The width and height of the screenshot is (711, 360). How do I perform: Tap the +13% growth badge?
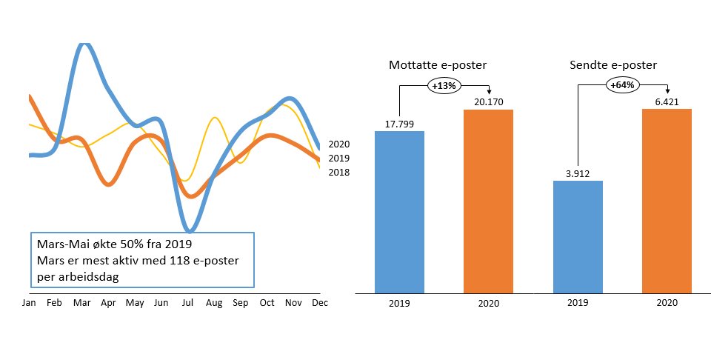click(x=444, y=85)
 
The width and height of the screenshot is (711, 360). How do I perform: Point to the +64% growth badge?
click(x=622, y=85)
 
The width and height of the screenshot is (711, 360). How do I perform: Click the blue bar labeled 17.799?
click(x=400, y=211)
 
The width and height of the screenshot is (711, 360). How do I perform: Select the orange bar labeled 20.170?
click(x=488, y=200)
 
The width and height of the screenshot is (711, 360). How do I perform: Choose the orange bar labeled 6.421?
click(x=667, y=200)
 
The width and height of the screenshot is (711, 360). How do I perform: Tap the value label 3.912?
click(x=578, y=173)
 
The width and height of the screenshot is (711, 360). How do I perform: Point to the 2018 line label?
click(x=338, y=173)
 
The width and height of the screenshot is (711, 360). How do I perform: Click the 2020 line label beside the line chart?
click(x=338, y=144)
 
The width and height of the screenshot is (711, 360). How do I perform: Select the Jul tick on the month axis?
click(x=189, y=303)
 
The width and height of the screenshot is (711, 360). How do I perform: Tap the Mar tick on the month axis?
click(x=82, y=303)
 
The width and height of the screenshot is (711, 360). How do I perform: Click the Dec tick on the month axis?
click(x=320, y=303)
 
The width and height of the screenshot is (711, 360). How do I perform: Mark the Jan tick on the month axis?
click(x=29, y=303)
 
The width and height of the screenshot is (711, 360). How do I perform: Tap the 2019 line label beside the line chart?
click(x=338, y=159)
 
